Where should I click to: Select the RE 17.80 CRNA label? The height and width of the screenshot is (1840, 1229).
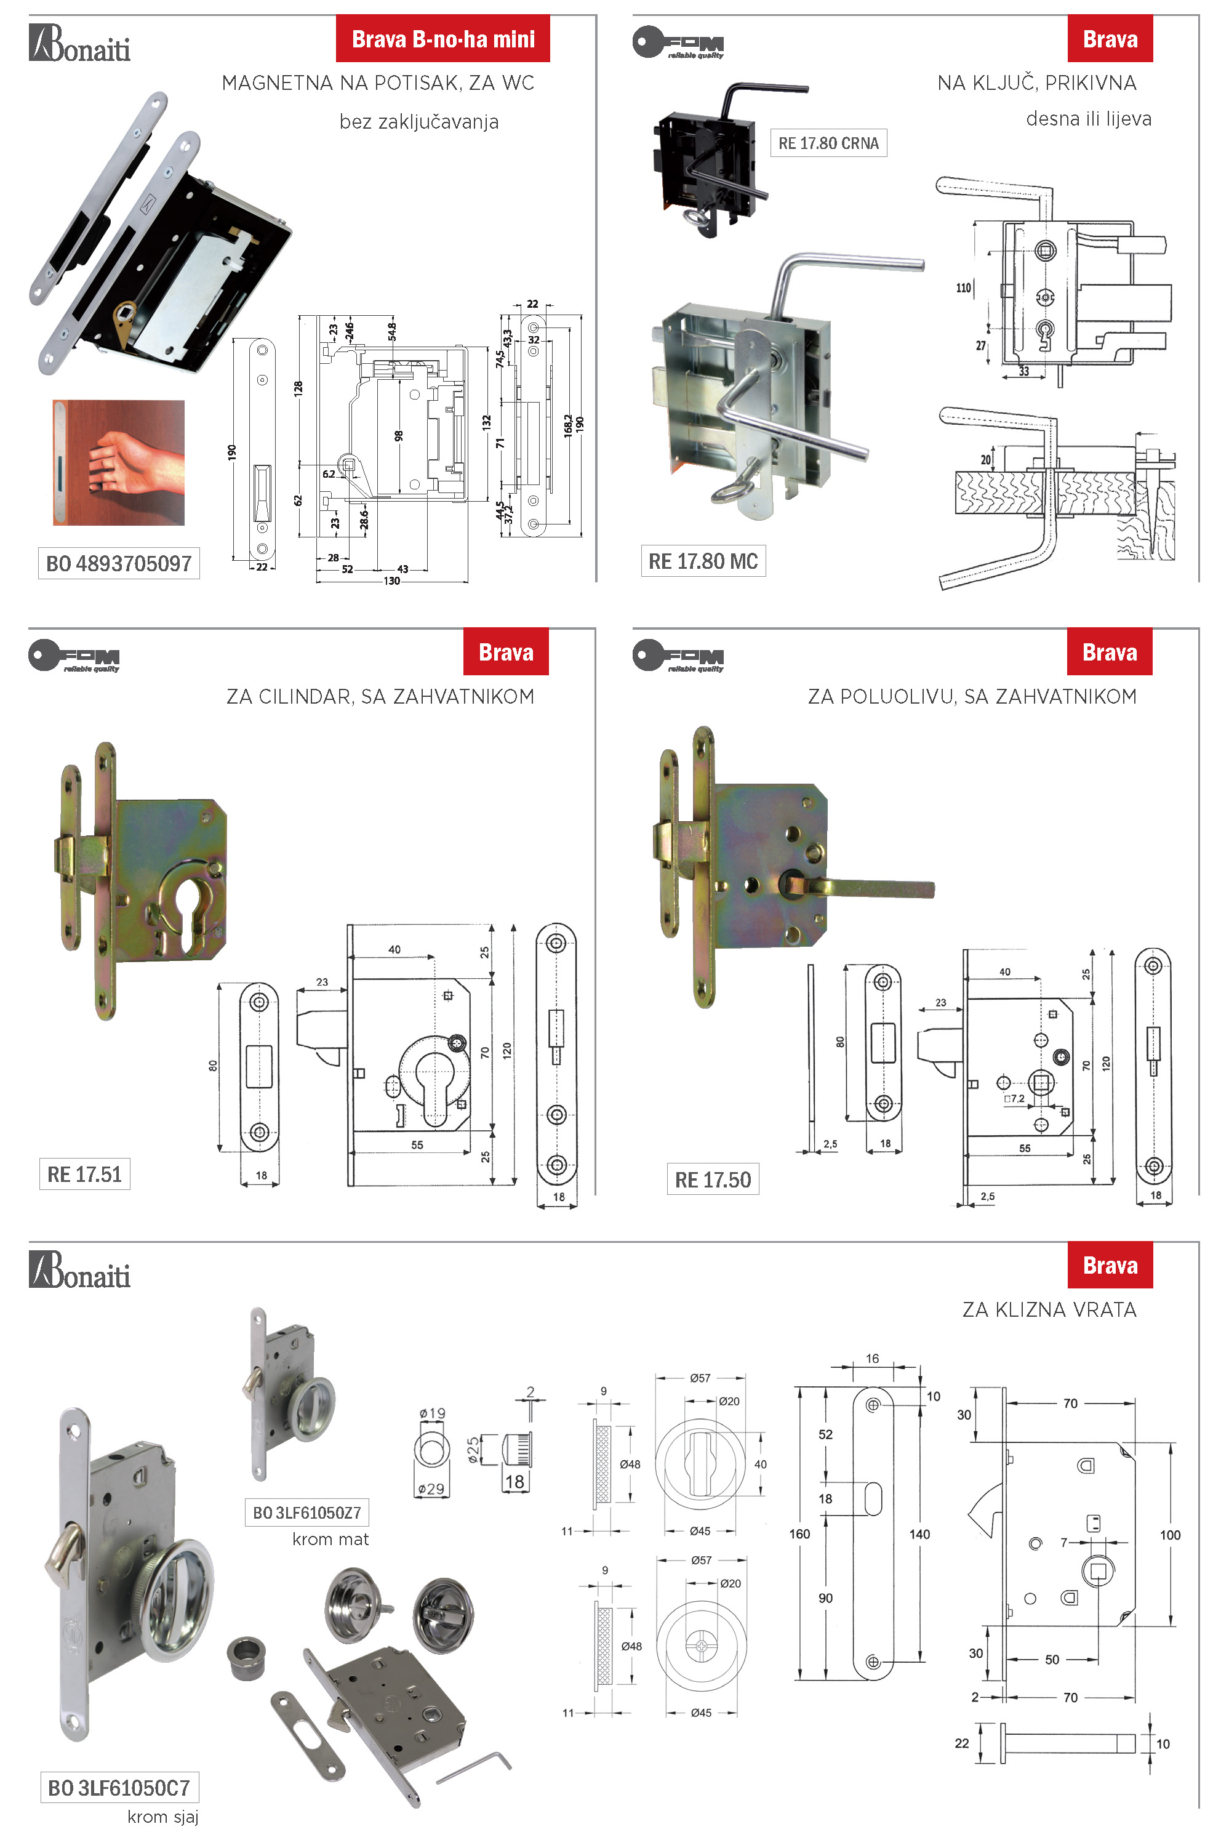pyautogui.click(x=828, y=143)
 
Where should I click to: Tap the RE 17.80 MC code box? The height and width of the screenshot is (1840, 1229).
pyautogui.click(x=702, y=561)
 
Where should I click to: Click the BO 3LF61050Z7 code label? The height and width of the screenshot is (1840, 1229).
pyautogui.click(x=306, y=1513)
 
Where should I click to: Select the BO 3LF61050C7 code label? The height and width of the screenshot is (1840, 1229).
pyautogui.click(x=119, y=1788)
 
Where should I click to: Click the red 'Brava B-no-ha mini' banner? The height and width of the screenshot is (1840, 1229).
pyautogui.click(x=443, y=39)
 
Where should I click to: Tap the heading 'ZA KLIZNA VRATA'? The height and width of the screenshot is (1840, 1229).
pyautogui.click(x=1049, y=1309)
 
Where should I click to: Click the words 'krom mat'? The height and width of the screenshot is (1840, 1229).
pyautogui.click(x=330, y=1539)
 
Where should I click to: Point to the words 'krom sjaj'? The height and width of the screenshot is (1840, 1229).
pyautogui.click(x=163, y=1817)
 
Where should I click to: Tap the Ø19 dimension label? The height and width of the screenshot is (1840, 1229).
pyautogui.click(x=432, y=1413)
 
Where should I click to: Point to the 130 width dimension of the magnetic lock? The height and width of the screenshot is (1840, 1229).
pyautogui.click(x=391, y=581)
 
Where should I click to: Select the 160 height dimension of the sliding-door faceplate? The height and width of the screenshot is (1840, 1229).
pyautogui.click(x=799, y=1533)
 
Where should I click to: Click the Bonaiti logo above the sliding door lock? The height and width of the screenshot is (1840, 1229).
pyautogui.click(x=80, y=1270)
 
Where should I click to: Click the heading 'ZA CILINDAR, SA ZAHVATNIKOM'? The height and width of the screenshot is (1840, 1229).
pyautogui.click(x=380, y=696)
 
